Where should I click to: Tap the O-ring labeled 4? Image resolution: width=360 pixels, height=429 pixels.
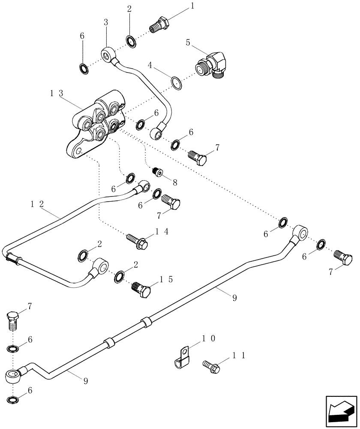(176, 82)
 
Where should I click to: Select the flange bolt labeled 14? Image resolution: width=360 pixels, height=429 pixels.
(138, 241)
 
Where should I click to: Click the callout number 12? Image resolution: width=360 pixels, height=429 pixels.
(37, 205)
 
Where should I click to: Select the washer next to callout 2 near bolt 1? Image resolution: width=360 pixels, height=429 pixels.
(131, 42)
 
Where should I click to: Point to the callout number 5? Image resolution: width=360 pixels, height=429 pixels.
(188, 43)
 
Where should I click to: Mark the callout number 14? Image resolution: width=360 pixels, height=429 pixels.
(161, 231)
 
